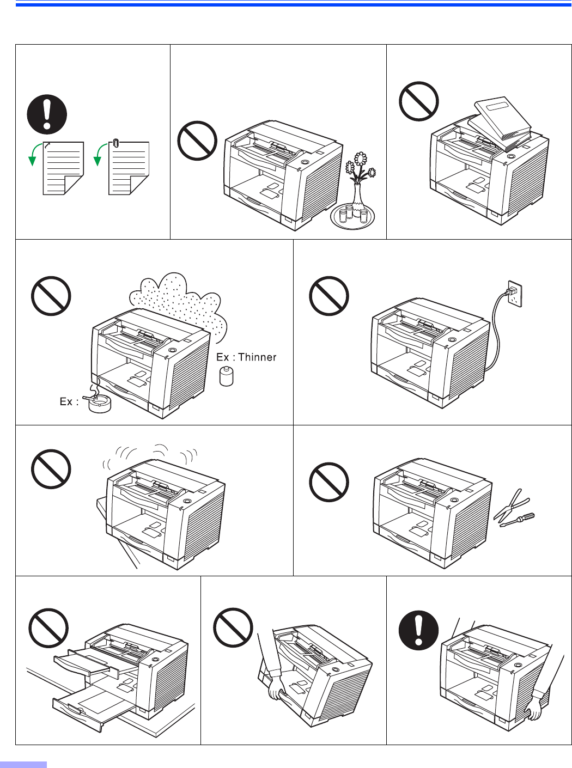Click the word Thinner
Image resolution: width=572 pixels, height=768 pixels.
(x=257, y=357)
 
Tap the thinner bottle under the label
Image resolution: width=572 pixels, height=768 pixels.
(x=226, y=376)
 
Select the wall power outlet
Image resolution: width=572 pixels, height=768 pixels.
(x=515, y=294)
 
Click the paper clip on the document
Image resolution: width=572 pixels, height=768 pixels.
(x=115, y=143)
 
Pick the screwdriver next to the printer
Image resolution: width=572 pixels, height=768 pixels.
(x=517, y=520)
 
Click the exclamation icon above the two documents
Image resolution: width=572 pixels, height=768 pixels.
(x=47, y=114)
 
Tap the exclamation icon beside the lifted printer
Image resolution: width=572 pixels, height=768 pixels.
(x=418, y=630)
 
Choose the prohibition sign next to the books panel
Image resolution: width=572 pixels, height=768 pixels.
(x=419, y=101)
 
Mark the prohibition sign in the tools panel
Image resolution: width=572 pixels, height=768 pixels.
(x=329, y=482)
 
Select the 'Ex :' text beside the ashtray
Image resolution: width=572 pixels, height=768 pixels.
(x=69, y=401)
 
